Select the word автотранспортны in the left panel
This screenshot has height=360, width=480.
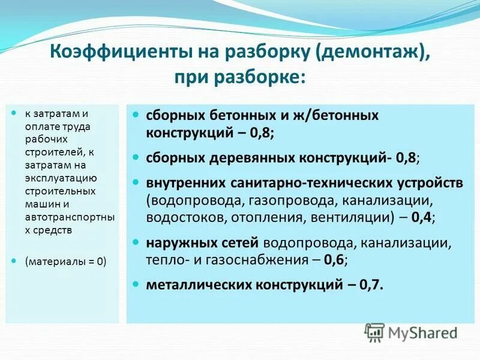pos(65,218)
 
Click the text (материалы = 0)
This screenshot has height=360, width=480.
pos(65,261)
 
